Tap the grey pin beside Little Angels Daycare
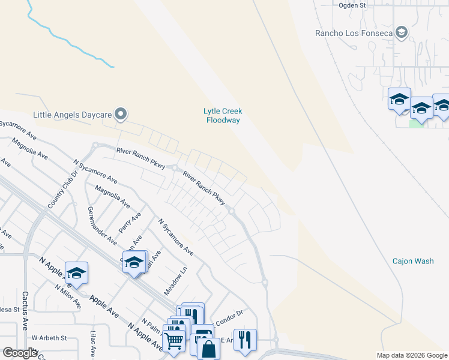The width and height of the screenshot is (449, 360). pyautogui.click(x=121, y=113)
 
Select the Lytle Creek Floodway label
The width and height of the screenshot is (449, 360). pyautogui.click(x=223, y=116)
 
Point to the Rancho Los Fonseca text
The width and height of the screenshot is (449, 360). pyautogui.click(x=354, y=33)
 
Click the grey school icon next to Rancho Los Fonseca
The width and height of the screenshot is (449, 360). pyautogui.click(x=402, y=32)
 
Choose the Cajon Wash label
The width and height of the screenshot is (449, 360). pyautogui.click(x=413, y=261)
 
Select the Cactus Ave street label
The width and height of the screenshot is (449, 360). pyautogui.click(x=25, y=311)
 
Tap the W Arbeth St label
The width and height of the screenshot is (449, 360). pyautogui.click(x=49, y=338)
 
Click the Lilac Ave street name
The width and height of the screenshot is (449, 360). pyautogui.click(x=93, y=343)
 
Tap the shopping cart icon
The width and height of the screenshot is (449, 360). pyautogui.click(x=173, y=341)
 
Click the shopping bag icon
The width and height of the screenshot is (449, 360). pyautogui.click(x=208, y=349)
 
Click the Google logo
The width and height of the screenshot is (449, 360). pyautogui.click(x=20, y=353)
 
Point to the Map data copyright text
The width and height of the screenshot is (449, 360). pyautogui.click(x=411, y=355)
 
